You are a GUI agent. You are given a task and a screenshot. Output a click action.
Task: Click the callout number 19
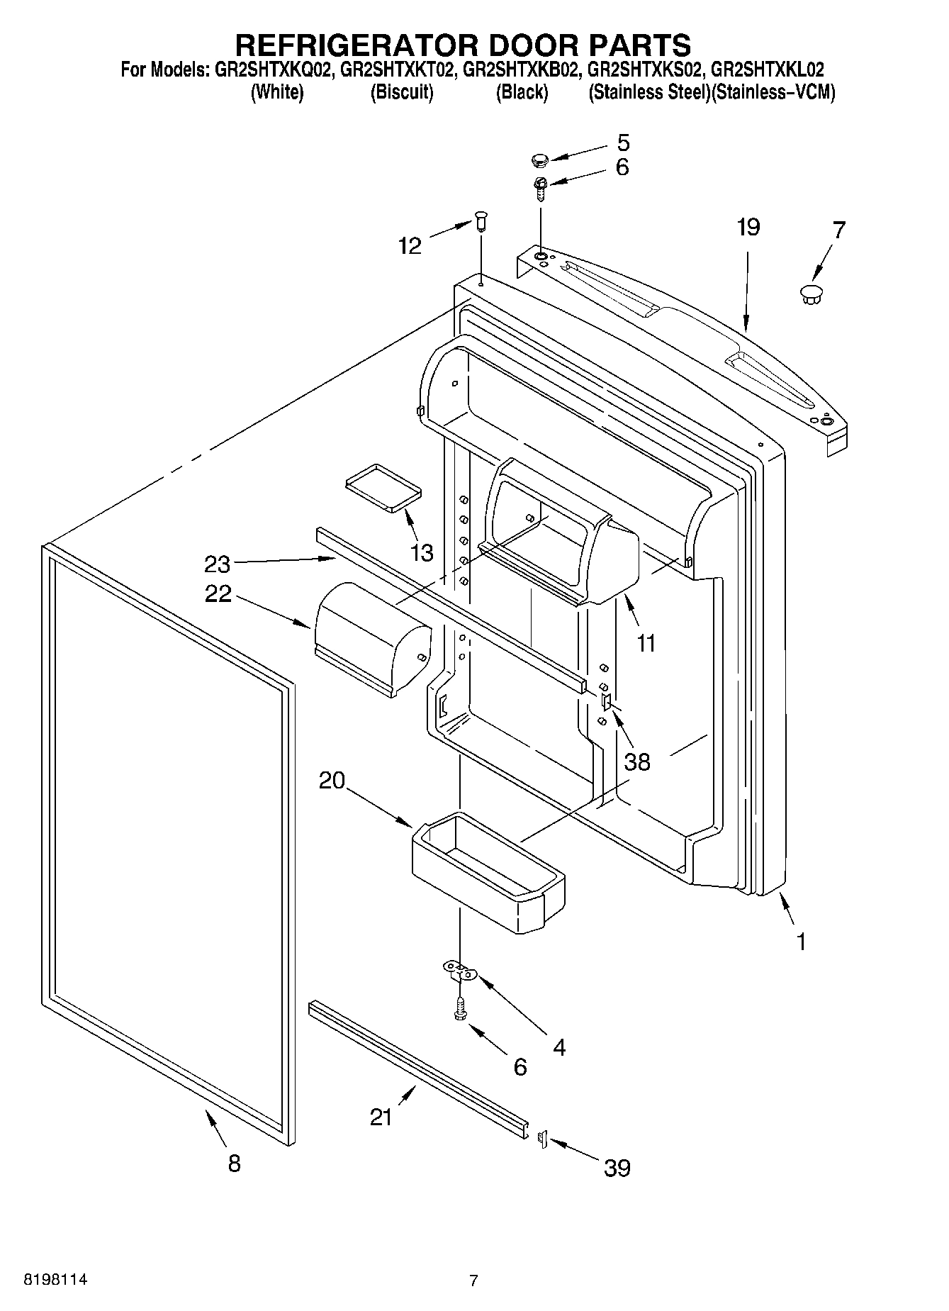coord(748,228)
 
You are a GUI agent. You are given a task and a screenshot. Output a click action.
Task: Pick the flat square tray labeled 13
coord(383,487)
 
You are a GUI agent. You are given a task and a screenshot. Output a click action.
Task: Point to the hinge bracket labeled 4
coord(461,971)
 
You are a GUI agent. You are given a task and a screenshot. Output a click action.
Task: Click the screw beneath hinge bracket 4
coord(460,1009)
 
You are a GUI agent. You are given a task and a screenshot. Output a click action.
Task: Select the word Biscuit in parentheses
coord(401,92)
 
